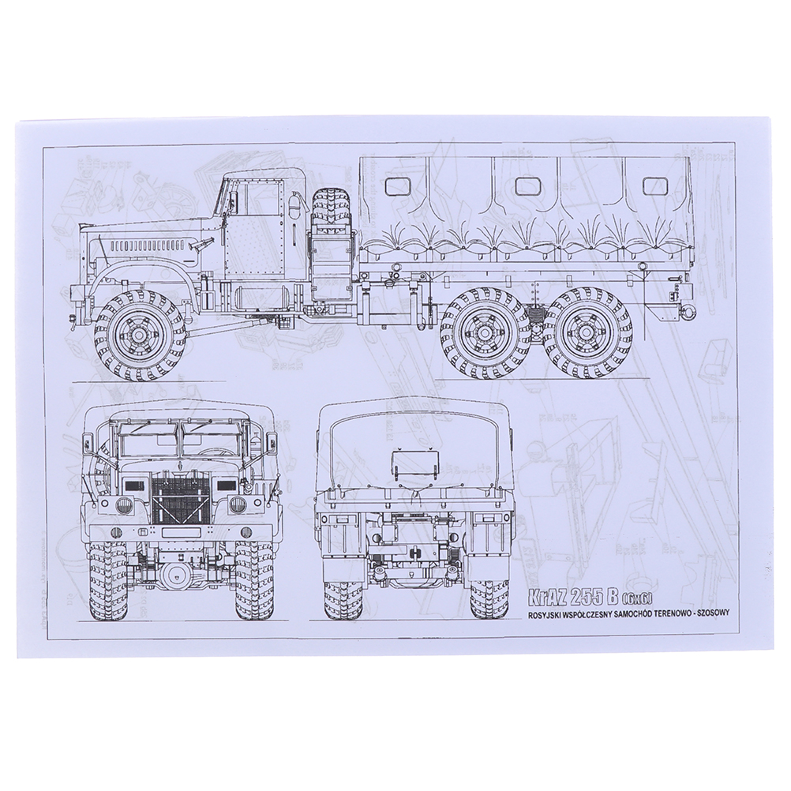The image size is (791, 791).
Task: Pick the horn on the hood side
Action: coord(199,246)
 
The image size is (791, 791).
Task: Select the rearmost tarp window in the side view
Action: coord(653,186)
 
